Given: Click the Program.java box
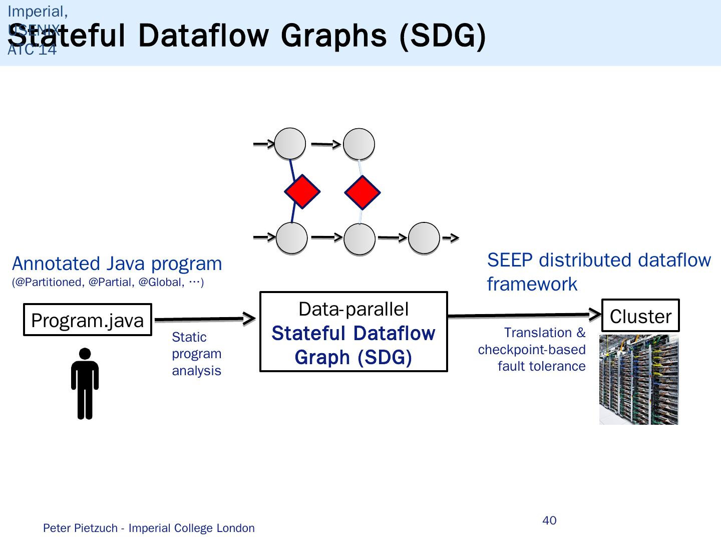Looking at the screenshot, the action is coord(88,320).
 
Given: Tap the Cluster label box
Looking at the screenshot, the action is coord(640,316).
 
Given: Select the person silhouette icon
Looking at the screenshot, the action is coord(85,383).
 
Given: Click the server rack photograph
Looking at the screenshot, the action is coord(638,380).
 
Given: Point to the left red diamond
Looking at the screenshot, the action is coord(302,191).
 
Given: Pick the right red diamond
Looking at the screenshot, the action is coord(363,192).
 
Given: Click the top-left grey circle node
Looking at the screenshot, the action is coord(290,144).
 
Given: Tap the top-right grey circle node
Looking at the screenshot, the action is coord(359,144).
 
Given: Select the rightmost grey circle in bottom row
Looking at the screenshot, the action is coord(424,238).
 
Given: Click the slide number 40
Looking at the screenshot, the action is coord(549,520).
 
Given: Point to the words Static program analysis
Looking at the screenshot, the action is coord(196,354).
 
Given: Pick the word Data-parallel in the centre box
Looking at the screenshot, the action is coord(353,309).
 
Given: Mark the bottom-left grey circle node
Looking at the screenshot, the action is coord(291,238).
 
